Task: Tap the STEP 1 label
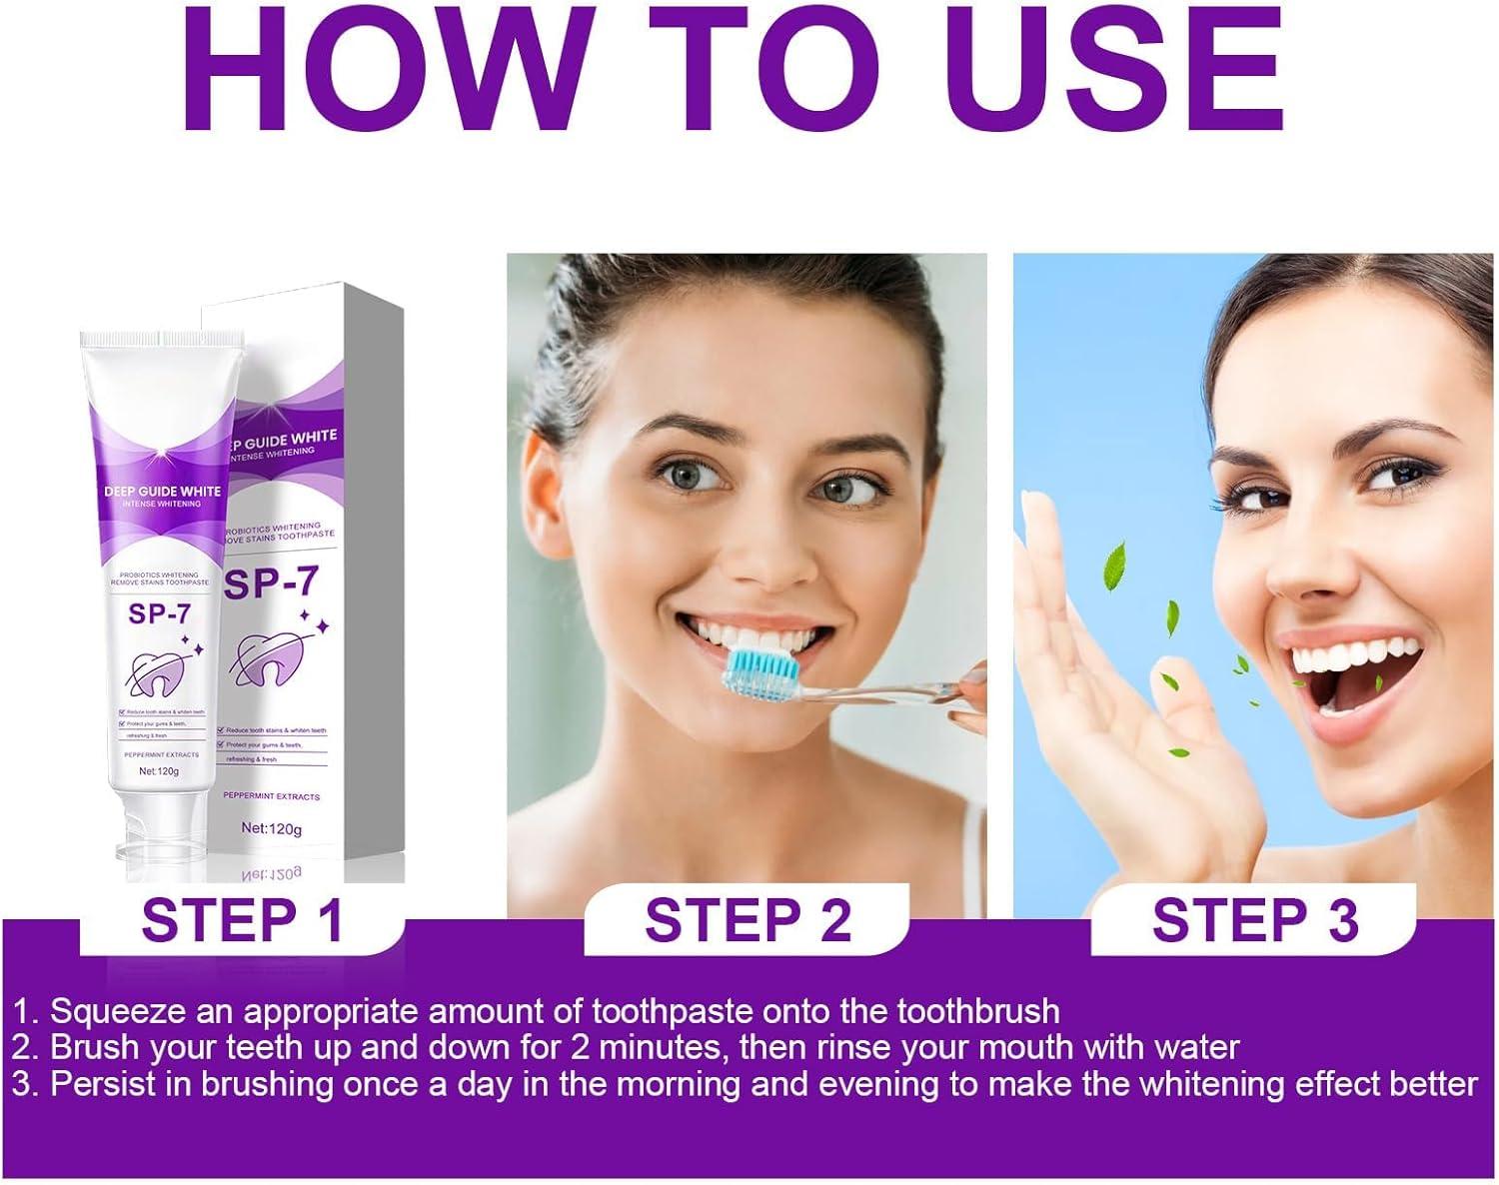pyautogui.click(x=243, y=920)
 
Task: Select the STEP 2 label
pyautogui.click(x=748, y=920)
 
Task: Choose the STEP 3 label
pyautogui.click(x=1255, y=920)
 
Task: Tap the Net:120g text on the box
pyautogui.click(x=272, y=828)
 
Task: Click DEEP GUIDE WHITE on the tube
pyautogui.click(x=162, y=492)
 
